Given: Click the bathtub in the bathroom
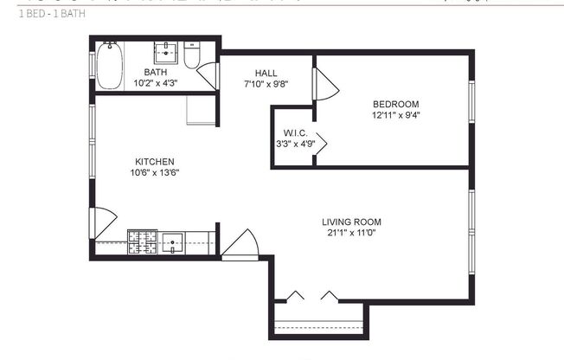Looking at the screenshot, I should (108, 65).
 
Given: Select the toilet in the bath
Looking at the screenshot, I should (193, 55).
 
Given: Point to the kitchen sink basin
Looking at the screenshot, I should (172, 242).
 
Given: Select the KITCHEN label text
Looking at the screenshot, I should (155, 162).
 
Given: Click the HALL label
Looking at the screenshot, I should (266, 73).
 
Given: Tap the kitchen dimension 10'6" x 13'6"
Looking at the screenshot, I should (155, 173).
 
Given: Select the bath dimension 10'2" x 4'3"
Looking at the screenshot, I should (156, 83).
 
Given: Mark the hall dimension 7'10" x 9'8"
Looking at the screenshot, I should (266, 84).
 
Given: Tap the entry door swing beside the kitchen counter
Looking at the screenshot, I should (240, 243).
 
